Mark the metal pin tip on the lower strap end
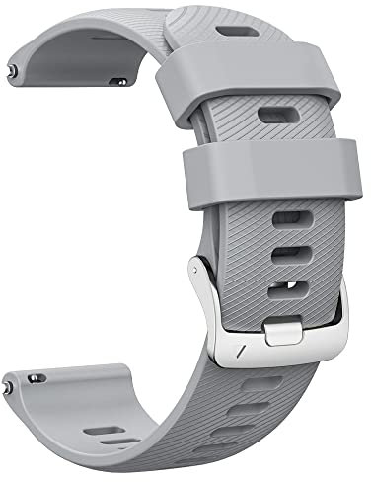tap(34, 378)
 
